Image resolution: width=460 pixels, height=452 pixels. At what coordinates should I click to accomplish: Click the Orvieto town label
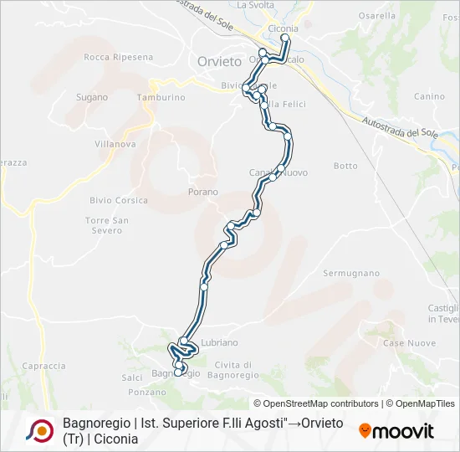[x=219, y=61]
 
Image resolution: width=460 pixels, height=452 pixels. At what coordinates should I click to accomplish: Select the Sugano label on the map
[x=92, y=97]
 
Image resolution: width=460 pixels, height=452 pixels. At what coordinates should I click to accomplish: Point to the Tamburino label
[x=161, y=97]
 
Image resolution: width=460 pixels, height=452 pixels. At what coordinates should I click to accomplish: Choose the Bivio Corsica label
[x=119, y=200]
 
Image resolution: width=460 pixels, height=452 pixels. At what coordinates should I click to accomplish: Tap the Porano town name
[x=203, y=192]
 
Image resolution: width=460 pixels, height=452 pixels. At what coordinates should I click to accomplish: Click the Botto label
[x=345, y=166]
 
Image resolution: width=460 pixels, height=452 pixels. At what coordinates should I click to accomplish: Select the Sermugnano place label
[x=351, y=274]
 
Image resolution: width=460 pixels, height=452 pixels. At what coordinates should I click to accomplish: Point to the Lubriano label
[x=220, y=342]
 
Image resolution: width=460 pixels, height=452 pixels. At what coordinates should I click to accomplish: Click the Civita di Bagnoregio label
[x=233, y=368]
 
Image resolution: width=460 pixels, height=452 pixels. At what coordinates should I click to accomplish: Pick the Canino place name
[x=429, y=96]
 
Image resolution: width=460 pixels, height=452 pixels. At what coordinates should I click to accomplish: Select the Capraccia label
[x=43, y=366]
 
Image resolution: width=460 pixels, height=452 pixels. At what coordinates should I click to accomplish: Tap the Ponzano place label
[x=148, y=392]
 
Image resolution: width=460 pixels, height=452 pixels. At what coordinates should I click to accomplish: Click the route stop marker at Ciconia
[x=285, y=39]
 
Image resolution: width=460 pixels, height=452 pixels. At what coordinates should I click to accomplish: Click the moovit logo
[x=396, y=431]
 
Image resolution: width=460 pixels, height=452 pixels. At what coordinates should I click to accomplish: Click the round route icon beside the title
[x=38, y=430]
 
